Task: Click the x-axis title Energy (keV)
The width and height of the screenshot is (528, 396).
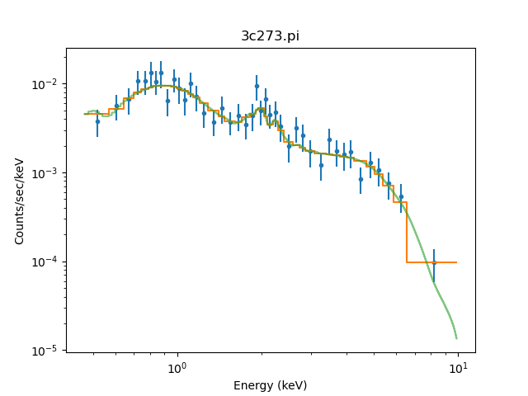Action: [x=270, y=385]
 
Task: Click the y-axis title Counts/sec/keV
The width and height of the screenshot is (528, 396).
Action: [x=19, y=200]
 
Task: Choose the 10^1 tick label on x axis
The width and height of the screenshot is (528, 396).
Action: [x=457, y=368]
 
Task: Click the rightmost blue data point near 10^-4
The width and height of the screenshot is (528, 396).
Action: [x=434, y=262]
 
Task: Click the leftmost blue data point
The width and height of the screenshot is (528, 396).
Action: [x=97, y=121]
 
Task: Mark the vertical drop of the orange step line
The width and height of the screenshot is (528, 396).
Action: [x=407, y=233]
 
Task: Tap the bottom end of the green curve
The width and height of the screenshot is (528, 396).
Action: [x=456, y=338]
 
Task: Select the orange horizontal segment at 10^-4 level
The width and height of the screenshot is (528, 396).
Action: [x=431, y=262]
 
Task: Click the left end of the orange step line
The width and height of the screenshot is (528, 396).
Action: [x=85, y=114]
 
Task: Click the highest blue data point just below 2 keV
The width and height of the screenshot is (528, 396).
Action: [x=257, y=86]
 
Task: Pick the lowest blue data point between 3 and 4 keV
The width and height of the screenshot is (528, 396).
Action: [x=321, y=165]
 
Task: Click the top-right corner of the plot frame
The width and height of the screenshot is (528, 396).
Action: [x=475, y=48]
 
